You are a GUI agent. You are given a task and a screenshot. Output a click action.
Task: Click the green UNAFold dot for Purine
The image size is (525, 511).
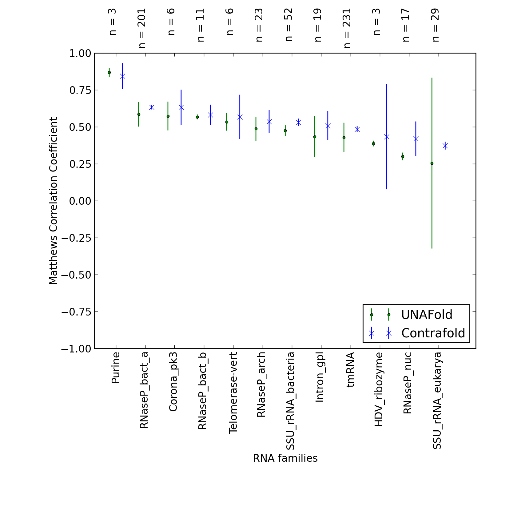point(109,73)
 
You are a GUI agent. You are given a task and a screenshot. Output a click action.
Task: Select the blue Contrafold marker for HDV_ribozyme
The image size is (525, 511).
point(387,137)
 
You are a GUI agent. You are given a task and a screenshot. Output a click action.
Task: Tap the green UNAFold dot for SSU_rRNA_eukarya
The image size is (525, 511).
point(432,163)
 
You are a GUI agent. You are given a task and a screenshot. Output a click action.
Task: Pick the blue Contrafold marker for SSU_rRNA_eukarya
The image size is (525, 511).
point(445,146)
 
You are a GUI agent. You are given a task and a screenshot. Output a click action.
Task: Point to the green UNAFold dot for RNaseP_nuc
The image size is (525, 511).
point(403,157)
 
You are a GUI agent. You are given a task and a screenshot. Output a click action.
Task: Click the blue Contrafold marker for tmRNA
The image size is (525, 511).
point(357,129)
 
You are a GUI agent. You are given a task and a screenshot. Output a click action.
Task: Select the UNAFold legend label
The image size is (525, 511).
point(427,315)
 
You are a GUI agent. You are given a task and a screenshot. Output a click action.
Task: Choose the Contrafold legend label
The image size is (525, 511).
point(433,333)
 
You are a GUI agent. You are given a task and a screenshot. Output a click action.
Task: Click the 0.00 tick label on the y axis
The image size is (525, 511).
point(81,201)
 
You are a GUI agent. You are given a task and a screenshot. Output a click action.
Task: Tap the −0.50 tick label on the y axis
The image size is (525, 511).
point(77,275)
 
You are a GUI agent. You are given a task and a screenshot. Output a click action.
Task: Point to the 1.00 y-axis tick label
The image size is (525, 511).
point(81,53)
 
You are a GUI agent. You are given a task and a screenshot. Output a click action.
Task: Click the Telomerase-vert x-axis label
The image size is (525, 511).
point(233,393)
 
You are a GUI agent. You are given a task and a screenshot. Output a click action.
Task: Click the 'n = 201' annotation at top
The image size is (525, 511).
point(142,28)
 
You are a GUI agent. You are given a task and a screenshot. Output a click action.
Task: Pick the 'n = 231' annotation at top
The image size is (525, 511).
point(347,28)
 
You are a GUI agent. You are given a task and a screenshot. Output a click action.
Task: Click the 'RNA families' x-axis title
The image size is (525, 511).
point(285,458)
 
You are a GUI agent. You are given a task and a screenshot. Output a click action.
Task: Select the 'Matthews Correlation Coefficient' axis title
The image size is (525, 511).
point(53,201)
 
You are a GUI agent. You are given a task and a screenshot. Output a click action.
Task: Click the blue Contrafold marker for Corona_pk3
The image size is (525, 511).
point(181,107)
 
